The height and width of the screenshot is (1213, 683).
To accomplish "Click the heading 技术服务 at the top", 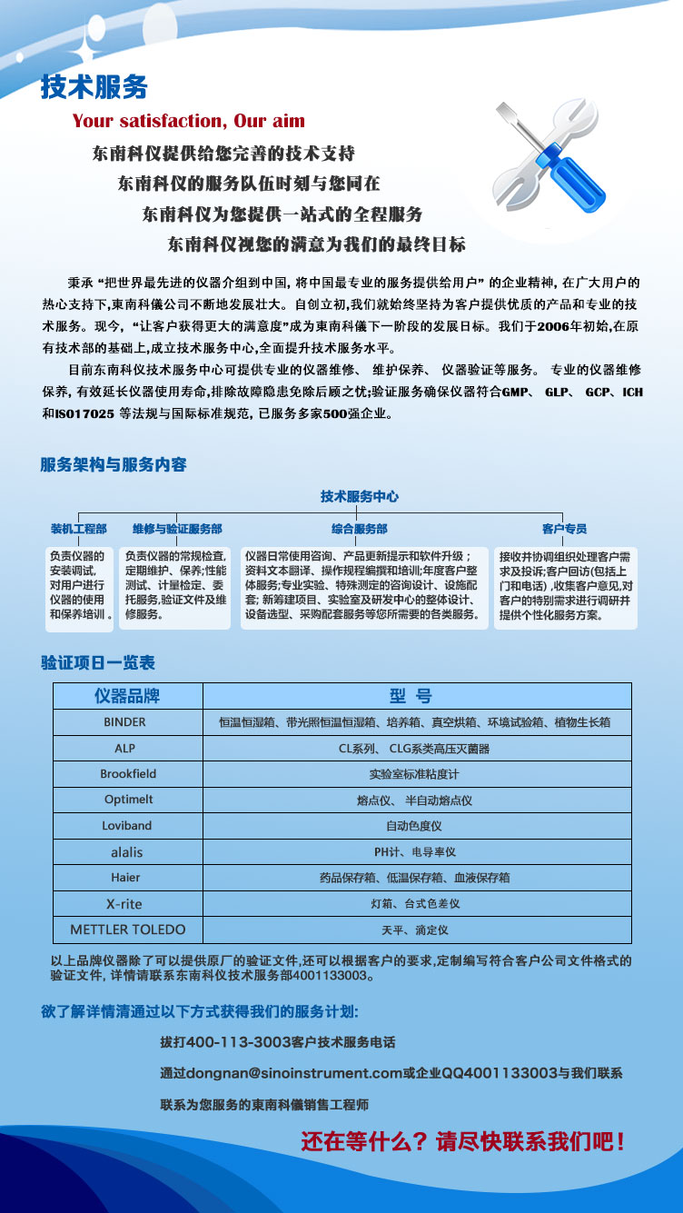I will [x=94, y=87].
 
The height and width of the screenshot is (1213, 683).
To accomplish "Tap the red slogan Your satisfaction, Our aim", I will [x=189, y=121].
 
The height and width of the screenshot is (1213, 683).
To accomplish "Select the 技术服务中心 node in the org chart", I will [x=359, y=497].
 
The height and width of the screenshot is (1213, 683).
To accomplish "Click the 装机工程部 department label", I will [x=78, y=529].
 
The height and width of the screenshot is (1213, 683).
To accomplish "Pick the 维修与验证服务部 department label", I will [x=177, y=529].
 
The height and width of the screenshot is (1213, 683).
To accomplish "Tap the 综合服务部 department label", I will [x=359, y=529].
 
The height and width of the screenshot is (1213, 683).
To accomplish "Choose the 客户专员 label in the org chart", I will [x=564, y=529].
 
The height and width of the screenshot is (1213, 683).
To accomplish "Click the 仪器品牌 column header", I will [x=127, y=696].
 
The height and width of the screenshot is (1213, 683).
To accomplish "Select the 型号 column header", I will [x=411, y=696].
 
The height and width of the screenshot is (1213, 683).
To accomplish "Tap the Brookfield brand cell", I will [x=128, y=774].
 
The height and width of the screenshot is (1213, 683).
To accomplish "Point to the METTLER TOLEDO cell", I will [x=128, y=930].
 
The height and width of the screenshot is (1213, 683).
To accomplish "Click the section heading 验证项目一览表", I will [x=98, y=663].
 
